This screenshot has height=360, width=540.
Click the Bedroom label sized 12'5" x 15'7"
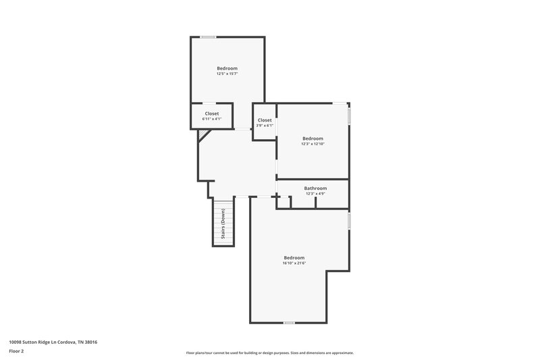[227, 68]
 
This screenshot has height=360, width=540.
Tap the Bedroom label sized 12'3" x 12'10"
[313, 138]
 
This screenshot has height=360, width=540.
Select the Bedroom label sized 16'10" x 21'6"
[294, 258]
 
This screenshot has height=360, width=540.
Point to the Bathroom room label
[315, 188]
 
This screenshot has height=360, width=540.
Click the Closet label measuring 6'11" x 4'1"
[211, 113]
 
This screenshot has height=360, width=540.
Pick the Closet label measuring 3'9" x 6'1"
[265, 120]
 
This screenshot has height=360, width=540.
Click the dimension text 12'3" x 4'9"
[315, 194]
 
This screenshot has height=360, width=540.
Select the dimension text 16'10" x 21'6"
[294, 263]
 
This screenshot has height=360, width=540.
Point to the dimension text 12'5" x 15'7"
[227, 74]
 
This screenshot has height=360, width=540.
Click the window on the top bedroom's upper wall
[208, 36]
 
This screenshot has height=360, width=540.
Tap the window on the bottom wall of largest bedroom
[289, 323]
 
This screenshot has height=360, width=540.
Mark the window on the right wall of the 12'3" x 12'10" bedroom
[349, 115]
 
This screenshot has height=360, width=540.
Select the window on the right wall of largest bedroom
[349, 221]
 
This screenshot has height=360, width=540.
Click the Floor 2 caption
[17, 351]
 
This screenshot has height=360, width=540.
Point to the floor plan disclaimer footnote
[269, 353]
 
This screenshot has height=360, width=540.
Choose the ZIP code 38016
[90, 342]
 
